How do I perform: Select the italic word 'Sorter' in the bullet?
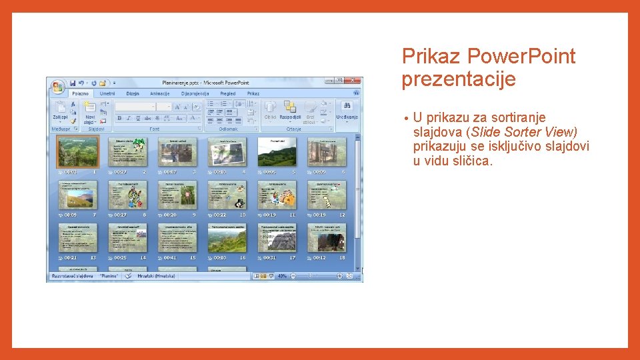point(520,132)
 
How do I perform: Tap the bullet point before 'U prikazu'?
point(405,119)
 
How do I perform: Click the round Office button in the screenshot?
point(57,86)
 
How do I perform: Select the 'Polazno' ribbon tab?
point(80,94)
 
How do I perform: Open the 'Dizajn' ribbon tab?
point(133,94)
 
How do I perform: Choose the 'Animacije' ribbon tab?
point(160,94)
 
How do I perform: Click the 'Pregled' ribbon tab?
point(227,94)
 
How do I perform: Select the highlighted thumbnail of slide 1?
point(77,151)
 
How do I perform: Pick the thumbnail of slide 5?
point(277,151)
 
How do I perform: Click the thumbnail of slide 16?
point(227,237)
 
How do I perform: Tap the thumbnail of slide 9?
point(177,195)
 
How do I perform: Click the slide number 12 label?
point(342,215)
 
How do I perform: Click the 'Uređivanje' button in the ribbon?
point(347,113)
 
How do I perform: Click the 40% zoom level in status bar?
point(282,275)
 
